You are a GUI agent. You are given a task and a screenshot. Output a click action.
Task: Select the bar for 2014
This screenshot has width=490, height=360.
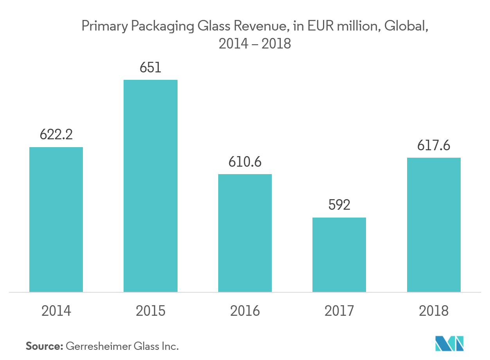click(x=56, y=220)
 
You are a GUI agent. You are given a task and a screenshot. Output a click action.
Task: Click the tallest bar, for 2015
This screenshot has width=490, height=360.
click(x=151, y=186)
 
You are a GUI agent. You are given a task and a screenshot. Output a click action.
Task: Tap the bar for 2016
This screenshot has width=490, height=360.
click(x=245, y=233)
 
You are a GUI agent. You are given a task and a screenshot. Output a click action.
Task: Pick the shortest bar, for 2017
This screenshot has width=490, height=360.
click(x=339, y=255)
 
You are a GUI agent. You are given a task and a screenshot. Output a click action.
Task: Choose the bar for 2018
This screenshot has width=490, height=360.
click(x=434, y=225)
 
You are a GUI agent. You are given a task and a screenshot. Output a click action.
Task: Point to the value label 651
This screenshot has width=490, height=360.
click(x=151, y=68)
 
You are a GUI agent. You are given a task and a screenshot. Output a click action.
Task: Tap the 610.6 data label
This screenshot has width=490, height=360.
click(x=245, y=162)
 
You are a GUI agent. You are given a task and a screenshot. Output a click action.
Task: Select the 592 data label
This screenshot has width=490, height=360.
click(x=339, y=205)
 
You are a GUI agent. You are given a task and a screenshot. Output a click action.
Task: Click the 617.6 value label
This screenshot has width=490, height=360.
click(x=434, y=146)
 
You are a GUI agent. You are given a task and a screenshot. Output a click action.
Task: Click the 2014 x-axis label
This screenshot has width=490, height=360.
click(x=56, y=311)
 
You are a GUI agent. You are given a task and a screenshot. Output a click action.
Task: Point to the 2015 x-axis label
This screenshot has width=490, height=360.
click(x=151, y=311)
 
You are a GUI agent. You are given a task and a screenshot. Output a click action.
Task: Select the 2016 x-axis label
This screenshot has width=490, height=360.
click(x=245, y=311)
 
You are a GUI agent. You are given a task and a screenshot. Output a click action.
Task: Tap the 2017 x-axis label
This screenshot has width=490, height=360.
click(x=339, y=311)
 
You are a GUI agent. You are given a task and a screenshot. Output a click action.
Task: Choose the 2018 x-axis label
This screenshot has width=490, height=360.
click(x=434, y=311)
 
